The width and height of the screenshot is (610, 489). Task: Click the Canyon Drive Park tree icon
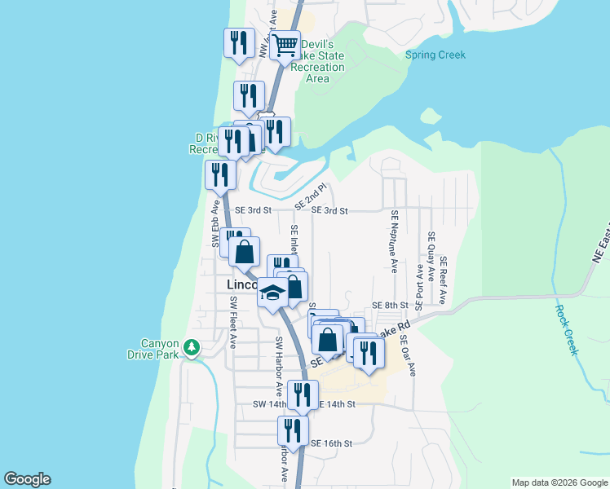[192, 347]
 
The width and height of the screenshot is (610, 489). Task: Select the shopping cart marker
[285, 46]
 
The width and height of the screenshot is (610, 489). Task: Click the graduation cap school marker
[272, 295]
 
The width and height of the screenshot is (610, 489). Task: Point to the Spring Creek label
[435, 55]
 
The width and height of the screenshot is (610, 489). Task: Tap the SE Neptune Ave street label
[394, 240]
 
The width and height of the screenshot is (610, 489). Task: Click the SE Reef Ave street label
[444, 280]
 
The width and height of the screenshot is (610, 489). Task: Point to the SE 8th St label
[389, 305]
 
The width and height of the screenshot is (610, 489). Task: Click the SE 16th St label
[331, 443]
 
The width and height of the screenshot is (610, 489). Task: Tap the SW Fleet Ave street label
[232, 322]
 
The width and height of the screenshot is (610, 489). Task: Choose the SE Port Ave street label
[418, 287]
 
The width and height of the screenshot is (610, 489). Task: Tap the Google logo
[27, 479]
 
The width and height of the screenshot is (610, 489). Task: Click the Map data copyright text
[559, 482]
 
